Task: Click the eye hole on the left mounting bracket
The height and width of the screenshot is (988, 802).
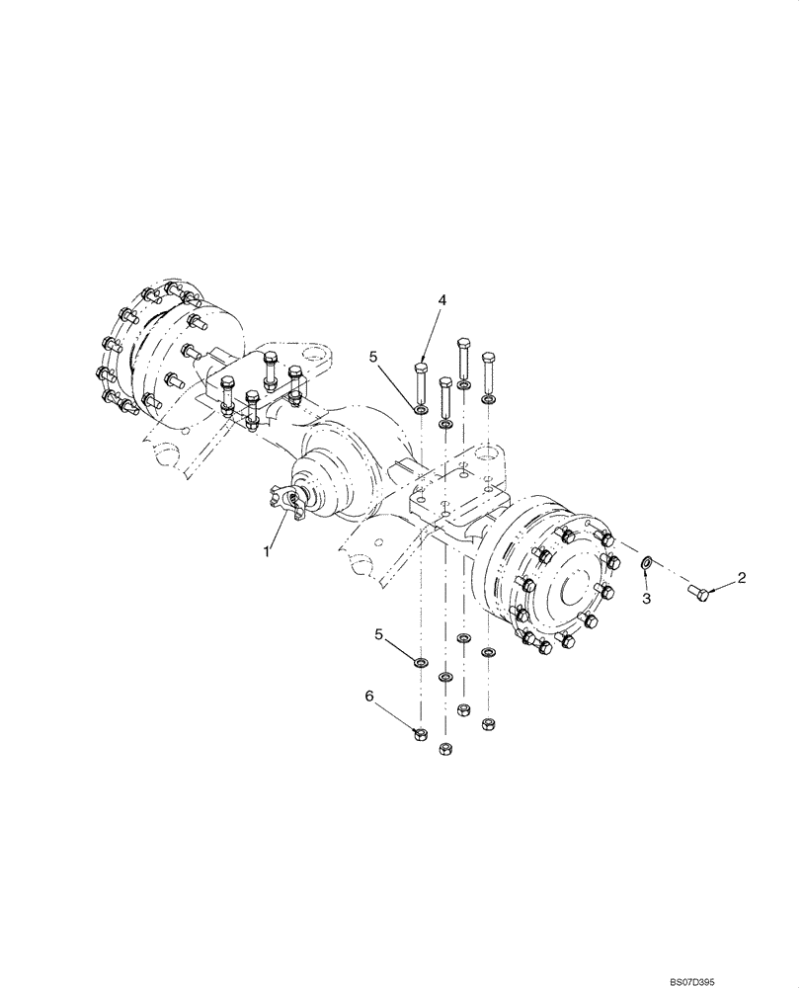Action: click(313, 352)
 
